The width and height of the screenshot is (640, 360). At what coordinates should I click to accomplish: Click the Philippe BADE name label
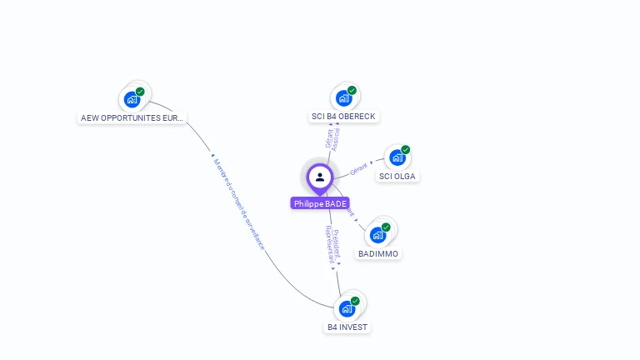click(x=320, y=203)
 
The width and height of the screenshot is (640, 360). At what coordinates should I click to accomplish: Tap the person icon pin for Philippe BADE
click(x=320, y=177)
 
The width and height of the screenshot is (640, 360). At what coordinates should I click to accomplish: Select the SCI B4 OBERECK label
click(x=343, y=117)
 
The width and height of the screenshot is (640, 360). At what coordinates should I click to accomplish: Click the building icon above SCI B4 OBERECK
click(x=343, y=98)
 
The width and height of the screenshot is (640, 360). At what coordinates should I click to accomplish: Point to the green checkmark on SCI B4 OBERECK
click(x=352, y=90)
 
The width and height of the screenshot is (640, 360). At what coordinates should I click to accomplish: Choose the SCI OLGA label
click(x=397, y=176)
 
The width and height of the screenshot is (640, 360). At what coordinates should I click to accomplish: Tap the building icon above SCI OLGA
click(x=397, y=157)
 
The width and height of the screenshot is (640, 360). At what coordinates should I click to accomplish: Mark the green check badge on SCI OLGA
click(x=406, y=150)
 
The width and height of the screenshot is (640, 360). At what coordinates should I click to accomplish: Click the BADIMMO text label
click(x=378, y=253)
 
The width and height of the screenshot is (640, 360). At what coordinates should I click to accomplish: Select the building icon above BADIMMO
click(x=377, y=235)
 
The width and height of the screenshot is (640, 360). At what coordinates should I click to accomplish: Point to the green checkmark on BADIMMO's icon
click(x=386, y=227)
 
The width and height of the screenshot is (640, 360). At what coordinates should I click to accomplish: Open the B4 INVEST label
click(x=347, y=327)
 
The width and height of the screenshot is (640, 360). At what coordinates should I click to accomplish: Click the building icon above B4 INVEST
click(x=347, y=308)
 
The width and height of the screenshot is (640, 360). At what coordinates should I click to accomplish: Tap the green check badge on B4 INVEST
click(x=355, y=301)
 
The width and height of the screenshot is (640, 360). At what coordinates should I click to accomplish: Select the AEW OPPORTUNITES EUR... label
click(x=132, y=118)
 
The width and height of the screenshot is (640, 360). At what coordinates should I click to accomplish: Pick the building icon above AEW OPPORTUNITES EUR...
click(x=132, y=99)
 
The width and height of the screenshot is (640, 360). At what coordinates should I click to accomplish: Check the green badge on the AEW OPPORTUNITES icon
click(x=140, y=92)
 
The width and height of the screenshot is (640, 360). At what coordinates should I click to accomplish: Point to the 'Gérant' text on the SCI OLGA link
click(x=359, y=168)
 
